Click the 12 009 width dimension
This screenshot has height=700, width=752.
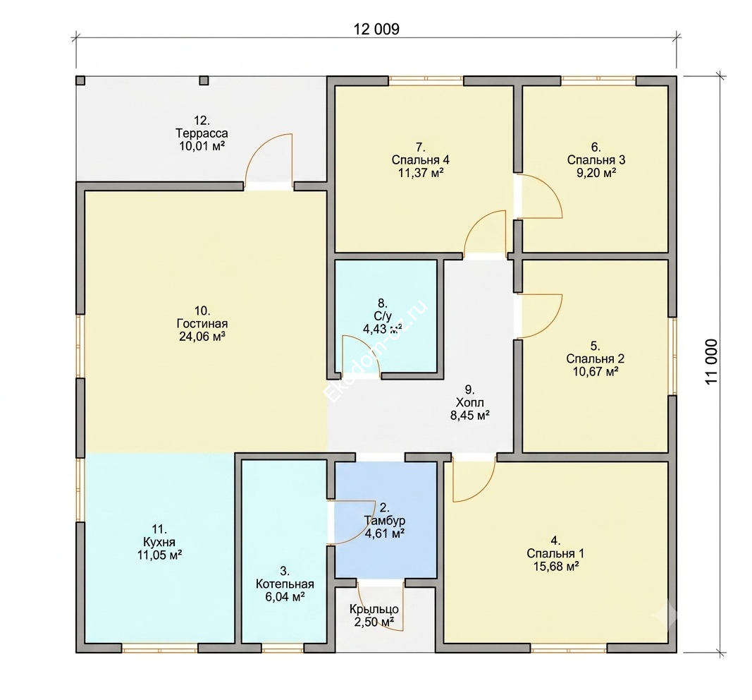(376, 30)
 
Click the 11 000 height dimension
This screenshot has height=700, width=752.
(713, 361)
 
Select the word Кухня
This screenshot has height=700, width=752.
(159, 542)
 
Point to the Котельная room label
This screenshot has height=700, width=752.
(285, 584)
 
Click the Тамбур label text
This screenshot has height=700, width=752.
(385, 521)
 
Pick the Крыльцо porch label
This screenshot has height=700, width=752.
(374, 609)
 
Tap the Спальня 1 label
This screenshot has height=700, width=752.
(555, 553)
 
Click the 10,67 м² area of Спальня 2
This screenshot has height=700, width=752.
(595, 371)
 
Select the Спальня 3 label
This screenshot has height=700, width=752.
(596, 160)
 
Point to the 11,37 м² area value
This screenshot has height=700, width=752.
(421, 173)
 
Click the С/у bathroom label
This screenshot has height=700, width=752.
(383, 316)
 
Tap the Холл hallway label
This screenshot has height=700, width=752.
(469, 402)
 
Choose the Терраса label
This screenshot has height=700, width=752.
(202, 133)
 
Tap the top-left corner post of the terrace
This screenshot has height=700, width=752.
(80, 80)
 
